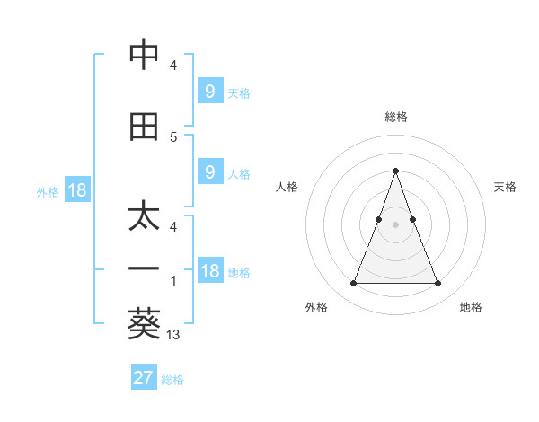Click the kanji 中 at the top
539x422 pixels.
click(144, 55)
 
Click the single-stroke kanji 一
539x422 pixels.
click(144, 268)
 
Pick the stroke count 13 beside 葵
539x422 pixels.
click(173, 335)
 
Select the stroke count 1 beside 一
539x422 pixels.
click(173, 281)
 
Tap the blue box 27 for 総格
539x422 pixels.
click(144, 378)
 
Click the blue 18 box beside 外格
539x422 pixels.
click(76, 190)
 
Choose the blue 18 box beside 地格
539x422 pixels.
click(209, 272)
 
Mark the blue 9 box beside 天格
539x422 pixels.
click(209, 91)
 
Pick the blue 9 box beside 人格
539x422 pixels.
click(209, 172)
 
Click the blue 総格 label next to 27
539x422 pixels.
click(172, 380)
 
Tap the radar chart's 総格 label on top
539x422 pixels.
click(396, 117)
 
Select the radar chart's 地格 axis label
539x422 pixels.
click(471, 308)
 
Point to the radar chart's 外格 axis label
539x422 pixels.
click(316, 308)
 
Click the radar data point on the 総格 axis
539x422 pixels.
click(395, 171)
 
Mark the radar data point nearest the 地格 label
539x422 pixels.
click(437, 284)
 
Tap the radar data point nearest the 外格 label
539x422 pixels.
click(353, 284)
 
